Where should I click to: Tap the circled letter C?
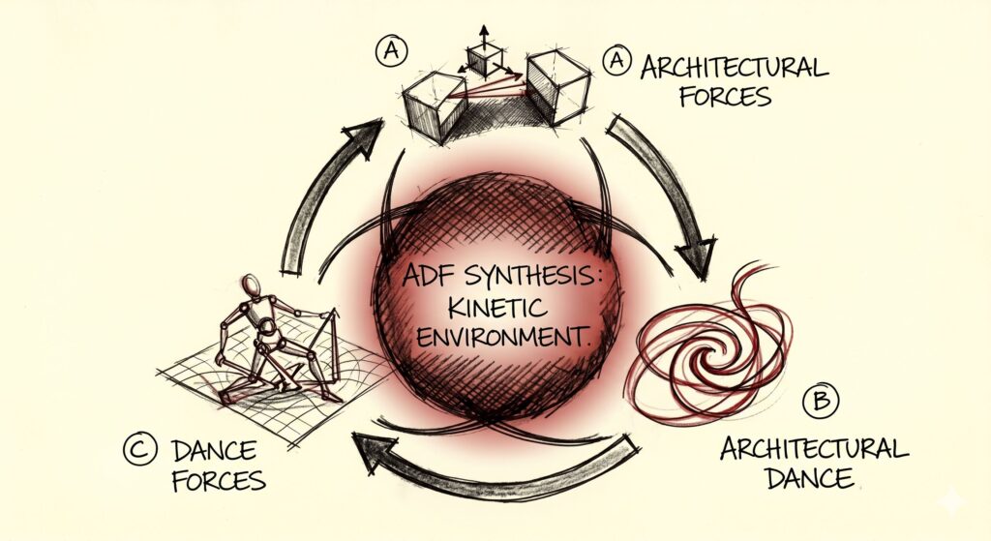[x=139, y=449]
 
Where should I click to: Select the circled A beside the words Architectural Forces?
[x=616, y=61]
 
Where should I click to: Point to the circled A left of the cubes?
[x=391, y=51]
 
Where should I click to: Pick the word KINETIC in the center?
[x=496, y=308]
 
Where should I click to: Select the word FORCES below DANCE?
[x=219, y=481]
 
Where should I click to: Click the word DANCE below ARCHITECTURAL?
[x=810, y=477]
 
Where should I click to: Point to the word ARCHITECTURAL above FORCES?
[x=735, y=67]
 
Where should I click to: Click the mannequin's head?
[x=251, y=286]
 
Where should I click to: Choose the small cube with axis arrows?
[x=485, y=61]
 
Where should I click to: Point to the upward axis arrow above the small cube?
[x=484, y=36]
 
